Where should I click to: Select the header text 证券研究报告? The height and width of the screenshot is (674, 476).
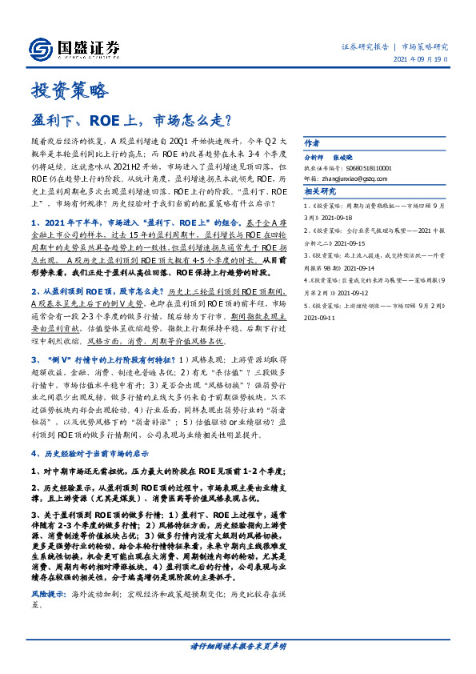point(366,46)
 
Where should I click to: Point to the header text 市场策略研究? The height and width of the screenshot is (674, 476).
point(424,46)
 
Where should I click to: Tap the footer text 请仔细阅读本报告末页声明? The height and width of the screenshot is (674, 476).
point(238,645)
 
